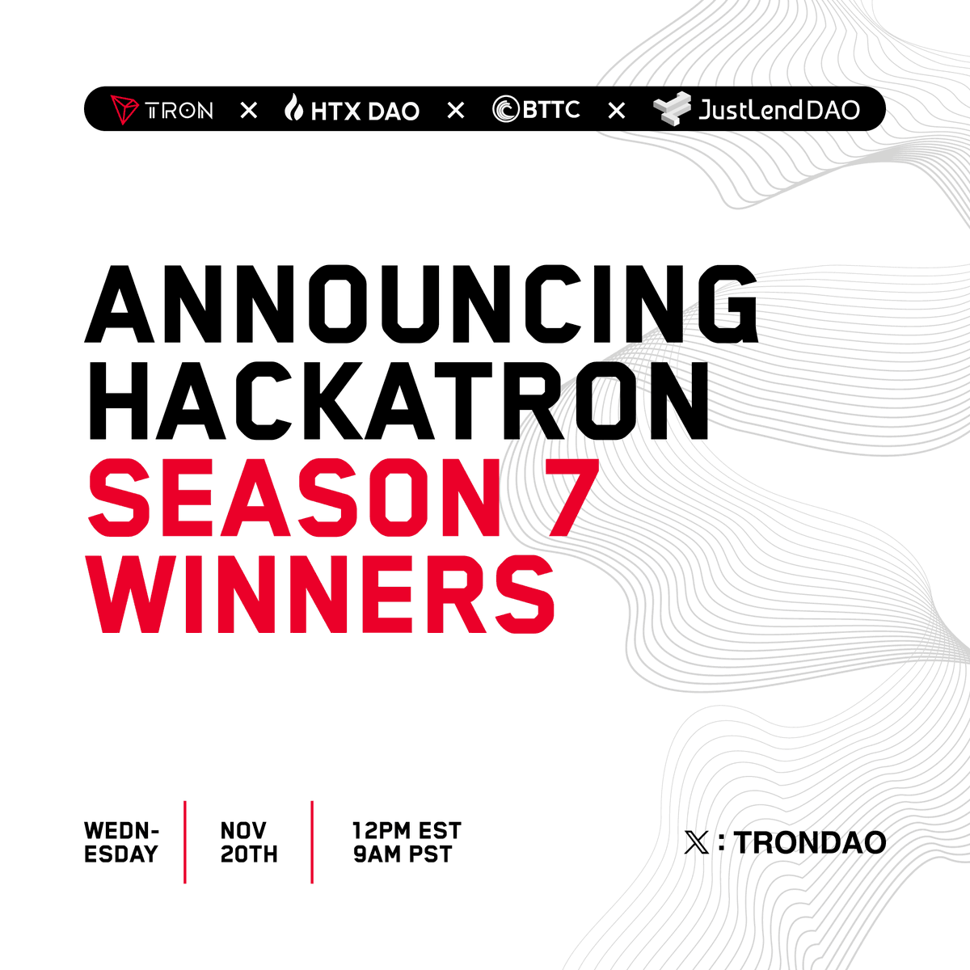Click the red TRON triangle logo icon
(x=124, y=109)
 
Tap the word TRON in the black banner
(x=179, y=110)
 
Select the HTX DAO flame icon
(x=293, y=108)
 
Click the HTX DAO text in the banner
(x=365, y=111)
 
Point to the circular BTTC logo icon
(x=505, y=109)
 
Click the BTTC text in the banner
(x=551, y=109)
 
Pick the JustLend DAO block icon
(x=673, y=109)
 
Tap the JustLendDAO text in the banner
(x=779, y=109)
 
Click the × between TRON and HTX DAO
(x=249, y=110)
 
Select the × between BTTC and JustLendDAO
(x=617, y=110)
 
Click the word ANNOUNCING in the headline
(x=421, y=303)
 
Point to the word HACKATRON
(x=397, y=400)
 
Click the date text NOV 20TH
(x=249, y=842)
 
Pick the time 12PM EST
(x=407, y=830)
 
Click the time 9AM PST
(x=402, y=854)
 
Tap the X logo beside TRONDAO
(x=696, y=843)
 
